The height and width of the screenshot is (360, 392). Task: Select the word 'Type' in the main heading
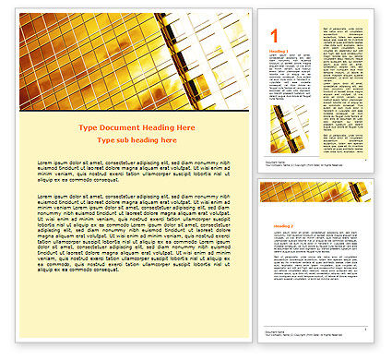tap(89, 127)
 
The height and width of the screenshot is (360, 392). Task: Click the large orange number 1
tap(273, 34)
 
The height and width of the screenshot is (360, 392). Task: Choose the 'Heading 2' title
tap(278, 225)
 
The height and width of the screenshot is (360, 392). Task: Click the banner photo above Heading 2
tap(315, 192)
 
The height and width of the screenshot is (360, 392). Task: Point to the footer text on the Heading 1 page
tap(277, 162)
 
